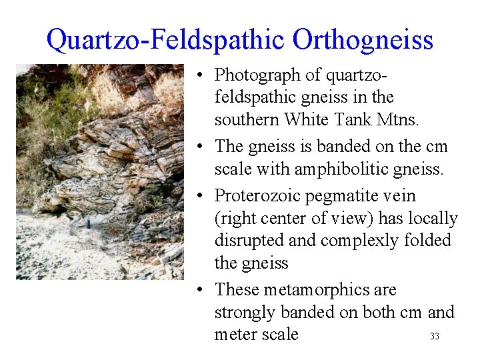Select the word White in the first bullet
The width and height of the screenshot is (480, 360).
307,119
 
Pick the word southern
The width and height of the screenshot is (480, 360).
247,119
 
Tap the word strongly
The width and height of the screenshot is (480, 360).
246,313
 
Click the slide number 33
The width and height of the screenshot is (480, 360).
435,337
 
